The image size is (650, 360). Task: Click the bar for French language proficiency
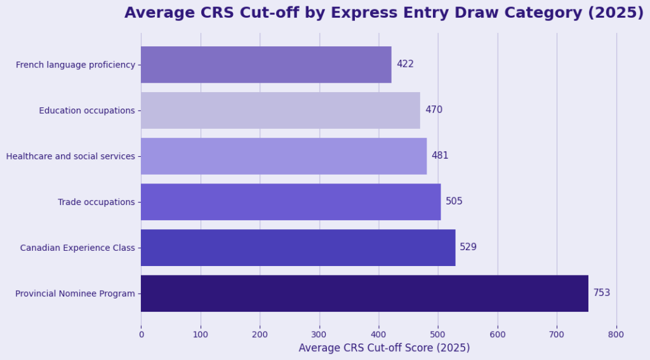[x=266, y=65]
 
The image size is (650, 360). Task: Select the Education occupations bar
[x=280, y=110]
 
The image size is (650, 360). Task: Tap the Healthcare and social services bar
[x=284, y=156]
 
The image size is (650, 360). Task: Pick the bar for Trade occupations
[x=291, y=202]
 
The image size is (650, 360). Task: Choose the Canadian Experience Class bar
[x=298, y=248]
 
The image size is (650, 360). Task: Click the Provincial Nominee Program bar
[x=364, y=293]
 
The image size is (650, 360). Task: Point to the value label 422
[x=405, y=64]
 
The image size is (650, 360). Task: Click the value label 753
[x=602, y=293]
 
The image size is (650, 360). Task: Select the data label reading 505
[x=454, y=201]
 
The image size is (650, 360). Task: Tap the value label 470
[x=434, y=110]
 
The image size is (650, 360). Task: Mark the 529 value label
[x=468, y=247]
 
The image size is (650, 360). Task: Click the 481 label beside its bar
[x=440, y=156]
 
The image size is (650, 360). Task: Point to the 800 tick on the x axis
[x=616, y=334]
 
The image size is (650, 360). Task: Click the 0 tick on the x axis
[x=141, y=334]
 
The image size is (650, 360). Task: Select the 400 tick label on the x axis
[x=378, y=334]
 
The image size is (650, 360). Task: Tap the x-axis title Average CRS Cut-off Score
[x=384, y=348]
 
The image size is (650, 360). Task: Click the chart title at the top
[x=383, y=13]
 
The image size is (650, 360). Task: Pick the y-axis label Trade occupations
[x=96, y=202]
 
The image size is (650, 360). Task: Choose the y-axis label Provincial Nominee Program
[x=75, y=293]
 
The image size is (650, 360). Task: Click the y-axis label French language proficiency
[x=76, y=65]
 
